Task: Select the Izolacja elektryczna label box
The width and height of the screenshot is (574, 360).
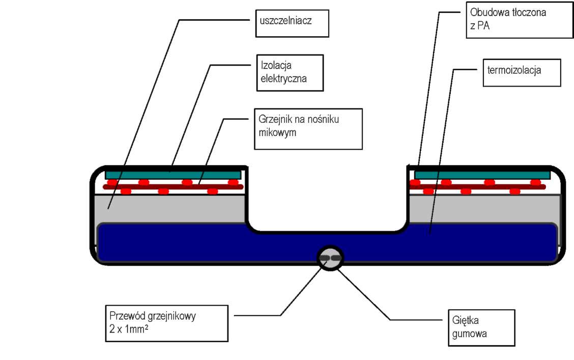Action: coord(290,72)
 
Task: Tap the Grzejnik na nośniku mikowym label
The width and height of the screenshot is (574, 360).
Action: coord(308,128)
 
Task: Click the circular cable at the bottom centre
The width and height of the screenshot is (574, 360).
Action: coord(330,258)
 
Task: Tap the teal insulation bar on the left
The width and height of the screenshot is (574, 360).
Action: coord(173,175)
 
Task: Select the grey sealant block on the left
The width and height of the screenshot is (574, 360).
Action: coord(173,208)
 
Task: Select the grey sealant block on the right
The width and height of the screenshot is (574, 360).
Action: coord(483,208)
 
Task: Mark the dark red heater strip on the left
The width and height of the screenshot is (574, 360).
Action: coord(173,187)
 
